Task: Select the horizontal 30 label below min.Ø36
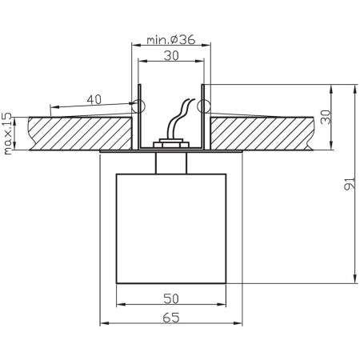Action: [x=170, y=57]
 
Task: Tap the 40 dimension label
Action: [x=94, y=99]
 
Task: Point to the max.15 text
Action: [x=8, y=133]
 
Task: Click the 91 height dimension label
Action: [x=346, y=186]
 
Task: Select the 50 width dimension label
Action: [x=170, y=298]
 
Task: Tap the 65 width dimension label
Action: [x=170, y=317]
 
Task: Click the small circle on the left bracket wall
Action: [x=138, y=105]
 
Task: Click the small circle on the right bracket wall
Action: [x=203, y=105]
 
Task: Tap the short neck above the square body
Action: [x=171, y=161]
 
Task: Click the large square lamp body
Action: [x=171, y=227]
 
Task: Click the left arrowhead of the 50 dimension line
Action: [x=120, y=306]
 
